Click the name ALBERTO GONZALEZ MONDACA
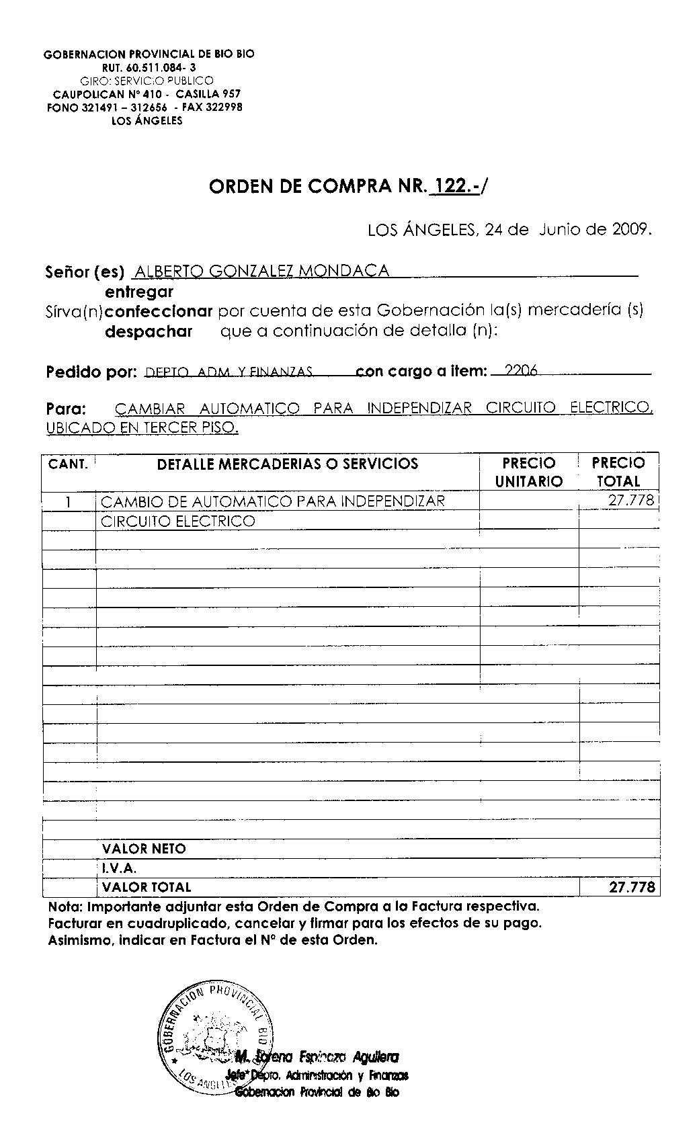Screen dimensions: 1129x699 tap(261, 271)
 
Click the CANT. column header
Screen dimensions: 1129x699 tap(68, 464)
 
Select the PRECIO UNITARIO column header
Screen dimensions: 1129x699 tap(529, 472)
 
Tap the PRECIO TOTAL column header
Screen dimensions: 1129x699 tap(618, 472)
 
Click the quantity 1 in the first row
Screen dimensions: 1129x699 tap(69, 502)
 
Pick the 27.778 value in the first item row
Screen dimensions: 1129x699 tap(630, 501)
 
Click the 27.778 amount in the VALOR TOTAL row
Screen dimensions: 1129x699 tap(631, 887)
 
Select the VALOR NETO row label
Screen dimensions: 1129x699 tap(144, 849)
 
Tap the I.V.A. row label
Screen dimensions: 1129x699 tap(120, 868)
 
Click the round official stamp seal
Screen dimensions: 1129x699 tap(215, 1039)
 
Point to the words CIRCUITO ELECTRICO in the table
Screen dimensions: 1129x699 tap(177, 521)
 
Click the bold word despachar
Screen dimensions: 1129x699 tap(149, 331)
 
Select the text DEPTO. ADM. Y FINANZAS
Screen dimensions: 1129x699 tap(229, 371)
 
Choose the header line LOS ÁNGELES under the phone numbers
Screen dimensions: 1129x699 tap(147, 121)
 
